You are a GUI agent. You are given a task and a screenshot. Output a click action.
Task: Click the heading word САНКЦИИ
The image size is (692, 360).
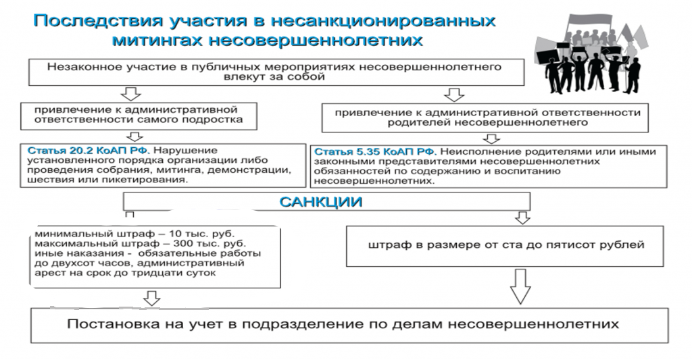tap(321, 202)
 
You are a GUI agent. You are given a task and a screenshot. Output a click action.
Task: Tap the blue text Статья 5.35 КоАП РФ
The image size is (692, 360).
tap(375, 152)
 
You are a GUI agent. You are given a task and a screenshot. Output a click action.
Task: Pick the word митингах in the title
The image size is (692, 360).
tap(157, 40)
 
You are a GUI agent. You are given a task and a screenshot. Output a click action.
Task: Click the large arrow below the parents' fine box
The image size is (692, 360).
tap(520, 286)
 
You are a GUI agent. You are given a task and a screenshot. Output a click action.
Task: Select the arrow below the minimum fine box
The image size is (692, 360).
tap(152, 299)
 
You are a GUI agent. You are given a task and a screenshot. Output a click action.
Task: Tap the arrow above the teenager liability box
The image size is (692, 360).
tap(130, 94)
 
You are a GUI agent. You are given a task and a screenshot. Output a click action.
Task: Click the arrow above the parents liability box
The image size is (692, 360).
tap(454, 95)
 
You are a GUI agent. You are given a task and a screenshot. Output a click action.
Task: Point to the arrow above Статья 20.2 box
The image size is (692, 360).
tap(134, 136)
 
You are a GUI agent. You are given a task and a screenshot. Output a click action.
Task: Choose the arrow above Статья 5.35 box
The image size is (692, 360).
tap(491, 139)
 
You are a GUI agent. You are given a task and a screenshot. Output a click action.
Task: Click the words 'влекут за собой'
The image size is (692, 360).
tap(274, 77)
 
